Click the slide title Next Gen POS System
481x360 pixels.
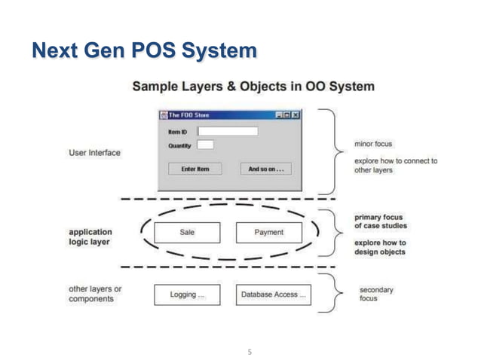[x=143, y=51]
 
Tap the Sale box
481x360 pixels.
[x=187, y=233]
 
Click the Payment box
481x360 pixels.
[x=268, y=233]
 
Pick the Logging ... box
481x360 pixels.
[x=187, y=294]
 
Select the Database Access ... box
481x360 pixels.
[x=273, y=294]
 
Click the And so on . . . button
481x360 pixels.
[x=265, y=169]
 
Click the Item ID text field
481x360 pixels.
[x=227, y=131]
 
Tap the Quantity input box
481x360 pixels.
[x=205, y=145]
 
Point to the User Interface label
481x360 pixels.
[x=94, y=153]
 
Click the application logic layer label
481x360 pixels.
[x=90, y=236]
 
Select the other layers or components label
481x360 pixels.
[x=95, y=294]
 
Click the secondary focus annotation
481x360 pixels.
[x=375, y=294]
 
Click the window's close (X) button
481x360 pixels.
[x=296, y=115]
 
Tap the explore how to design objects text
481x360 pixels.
[x=380, y=247]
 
